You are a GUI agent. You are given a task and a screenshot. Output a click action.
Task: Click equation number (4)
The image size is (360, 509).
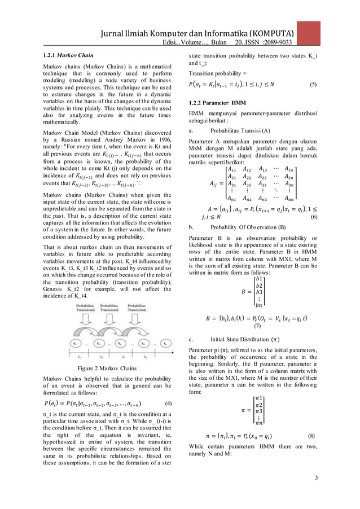coord(168,403)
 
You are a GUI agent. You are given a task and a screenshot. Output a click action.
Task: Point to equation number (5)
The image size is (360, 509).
coord(313,85)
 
